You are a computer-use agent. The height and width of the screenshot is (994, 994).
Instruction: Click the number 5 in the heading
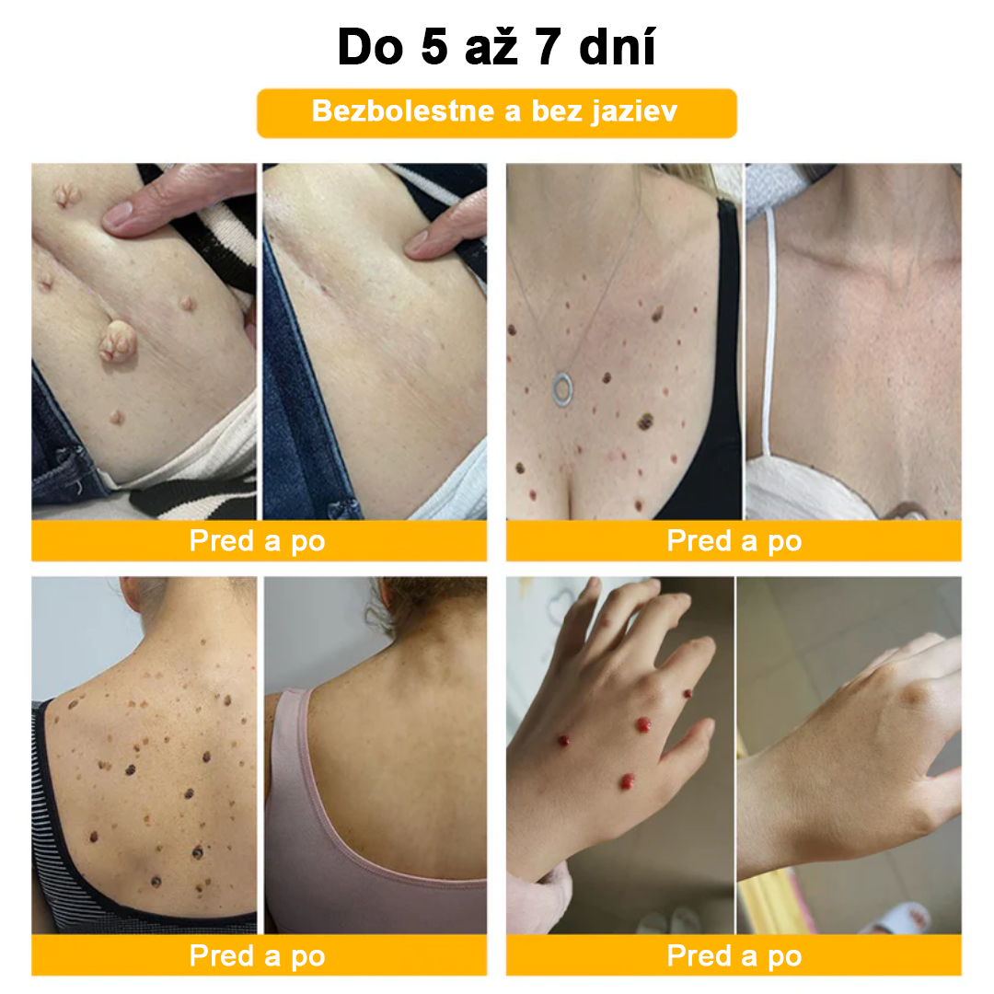pyautogui.click(x=434, y=47)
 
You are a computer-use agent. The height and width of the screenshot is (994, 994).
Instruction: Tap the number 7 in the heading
pyautogui.click(x=549, y=47)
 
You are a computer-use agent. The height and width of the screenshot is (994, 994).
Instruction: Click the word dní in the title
pyautogui.click(x=618, y=47)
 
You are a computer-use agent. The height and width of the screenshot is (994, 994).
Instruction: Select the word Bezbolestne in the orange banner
pyautogui.click(x=403, y=111)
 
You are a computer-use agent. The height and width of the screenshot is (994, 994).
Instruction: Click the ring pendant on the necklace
pyautogui.click(x=562, y=388)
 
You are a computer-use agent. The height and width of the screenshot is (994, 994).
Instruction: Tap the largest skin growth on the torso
pyautogui.click(x=118, y=341)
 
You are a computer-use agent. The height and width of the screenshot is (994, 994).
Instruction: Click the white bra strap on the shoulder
pyautogui.click(x=769, y=329)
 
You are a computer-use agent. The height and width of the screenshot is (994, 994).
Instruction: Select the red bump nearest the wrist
pyautogui.click(x=627, y=781)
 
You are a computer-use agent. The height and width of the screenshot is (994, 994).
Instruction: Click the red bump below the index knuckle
pyautogui.click(x=643, y=724)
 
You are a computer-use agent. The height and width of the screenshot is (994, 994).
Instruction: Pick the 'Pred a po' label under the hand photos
pyautogui.click(x=734, y=955)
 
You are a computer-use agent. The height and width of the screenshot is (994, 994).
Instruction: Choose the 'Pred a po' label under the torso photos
pyautogui.click(x=258, y=541)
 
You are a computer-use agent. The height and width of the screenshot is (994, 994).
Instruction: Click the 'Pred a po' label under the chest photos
pyautogui.click(x=734, y=541)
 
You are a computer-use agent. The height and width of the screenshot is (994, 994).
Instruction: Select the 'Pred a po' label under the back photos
pyautogui.click(x=258, y=955)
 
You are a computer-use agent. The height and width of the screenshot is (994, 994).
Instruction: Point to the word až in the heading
pyautogui.click(x=491, y=48)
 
